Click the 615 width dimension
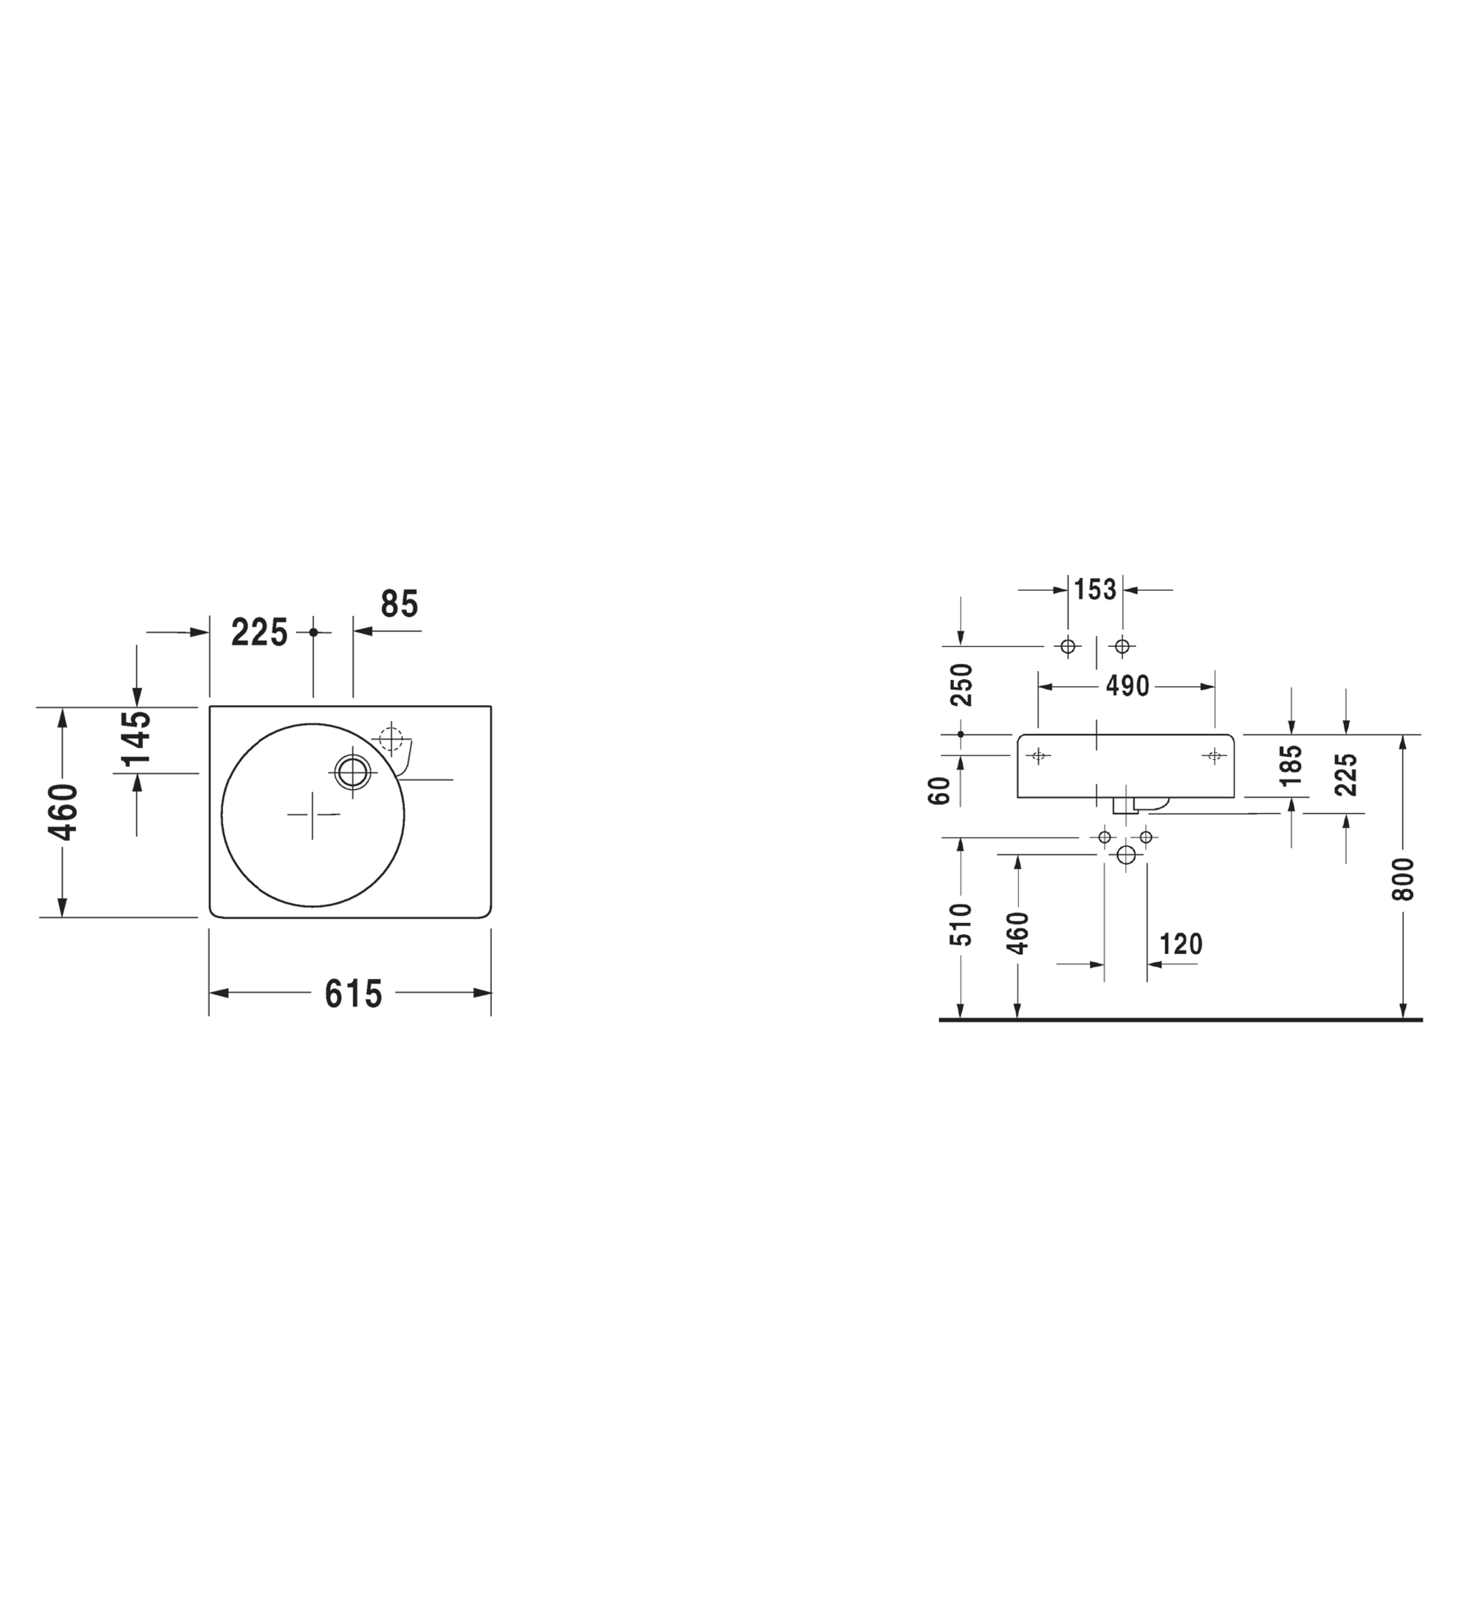click(x=354, y=994)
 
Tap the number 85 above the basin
click(x=399, y=604)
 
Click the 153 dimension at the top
click(x=1096, y=589)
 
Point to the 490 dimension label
click(x=1127, y=686)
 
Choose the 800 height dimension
click(x=1402, y=879)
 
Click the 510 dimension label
click(x=961, y=924)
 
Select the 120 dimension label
click(x=1181, y=944)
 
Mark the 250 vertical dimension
click(x=961, y=684)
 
